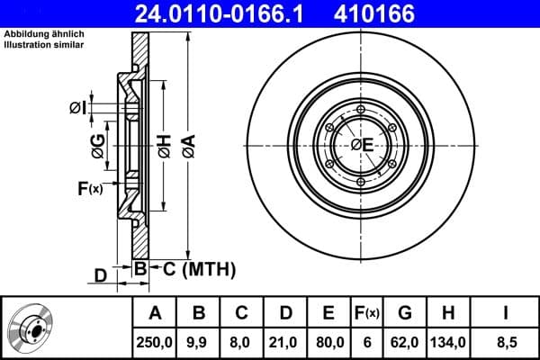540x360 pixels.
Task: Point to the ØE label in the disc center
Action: pos(363,146)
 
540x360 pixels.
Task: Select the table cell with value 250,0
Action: pos(155,342)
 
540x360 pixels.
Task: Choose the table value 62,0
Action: pos(405,342)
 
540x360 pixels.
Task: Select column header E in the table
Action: pos(328,313)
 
